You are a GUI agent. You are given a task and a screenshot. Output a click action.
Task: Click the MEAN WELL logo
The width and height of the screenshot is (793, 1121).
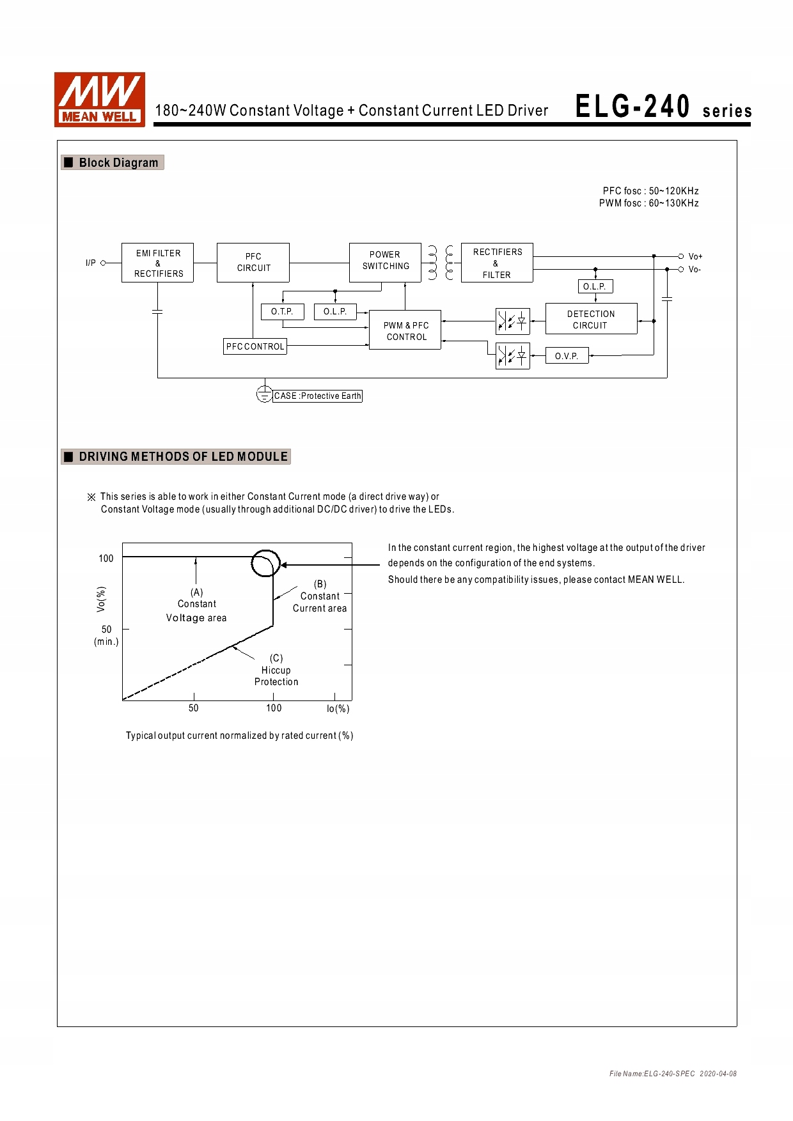[100, 99]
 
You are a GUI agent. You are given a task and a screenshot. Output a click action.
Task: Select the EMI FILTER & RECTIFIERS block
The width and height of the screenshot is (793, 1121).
[157, 263]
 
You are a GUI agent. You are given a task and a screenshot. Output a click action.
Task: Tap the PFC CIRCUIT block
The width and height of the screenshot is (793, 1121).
[253, 262]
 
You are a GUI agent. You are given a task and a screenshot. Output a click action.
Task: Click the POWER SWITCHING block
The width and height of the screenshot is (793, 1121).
[385, 262]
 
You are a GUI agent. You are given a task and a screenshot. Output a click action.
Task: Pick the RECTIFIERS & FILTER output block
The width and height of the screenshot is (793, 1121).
[497, 263]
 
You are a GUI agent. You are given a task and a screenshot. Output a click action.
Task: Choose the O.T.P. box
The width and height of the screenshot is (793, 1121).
[282, 312]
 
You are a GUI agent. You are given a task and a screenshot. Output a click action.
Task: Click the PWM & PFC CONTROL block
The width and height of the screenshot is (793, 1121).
[405, 331]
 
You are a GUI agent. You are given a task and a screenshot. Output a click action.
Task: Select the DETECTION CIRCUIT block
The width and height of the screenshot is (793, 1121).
[591, 319]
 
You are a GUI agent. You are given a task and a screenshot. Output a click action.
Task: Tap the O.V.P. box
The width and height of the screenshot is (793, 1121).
[567, 356]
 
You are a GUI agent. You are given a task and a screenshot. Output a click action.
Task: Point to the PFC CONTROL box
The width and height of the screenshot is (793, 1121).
[255, 346]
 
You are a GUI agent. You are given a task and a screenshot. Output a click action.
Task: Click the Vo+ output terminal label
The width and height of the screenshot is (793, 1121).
[695, 256]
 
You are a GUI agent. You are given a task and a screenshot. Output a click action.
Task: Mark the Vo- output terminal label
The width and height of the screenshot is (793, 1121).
[695, 270]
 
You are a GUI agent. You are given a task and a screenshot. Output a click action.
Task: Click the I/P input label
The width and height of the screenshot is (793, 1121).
[91, 263]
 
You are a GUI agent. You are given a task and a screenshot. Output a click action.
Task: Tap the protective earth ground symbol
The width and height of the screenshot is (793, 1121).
[264, 394]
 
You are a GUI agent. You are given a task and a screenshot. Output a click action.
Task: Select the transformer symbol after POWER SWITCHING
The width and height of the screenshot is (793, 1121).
[441, 263]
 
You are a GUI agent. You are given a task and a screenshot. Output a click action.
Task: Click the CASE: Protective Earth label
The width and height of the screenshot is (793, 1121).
[317, 396]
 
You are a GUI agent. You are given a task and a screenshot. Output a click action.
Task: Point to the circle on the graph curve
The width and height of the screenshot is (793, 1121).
[265, 563]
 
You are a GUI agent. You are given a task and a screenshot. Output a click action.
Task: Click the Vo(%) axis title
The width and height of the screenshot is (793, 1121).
[101, 599]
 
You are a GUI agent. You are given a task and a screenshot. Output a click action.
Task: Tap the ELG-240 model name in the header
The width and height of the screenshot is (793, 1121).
[632, 107]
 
